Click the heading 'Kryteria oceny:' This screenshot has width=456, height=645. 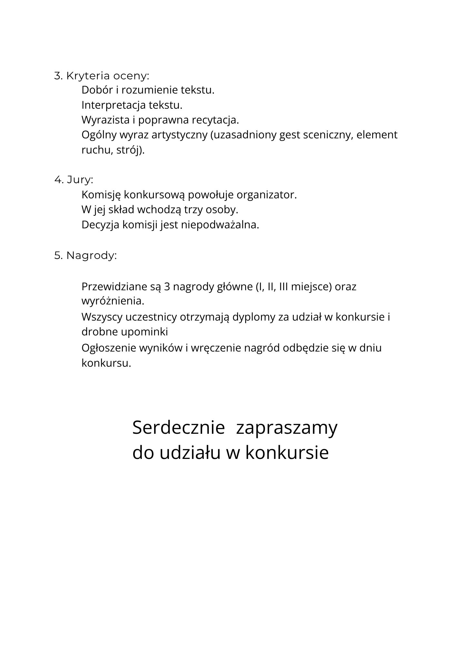click(x=108, y=76)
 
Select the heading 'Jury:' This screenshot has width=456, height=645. click(x=80, y=180)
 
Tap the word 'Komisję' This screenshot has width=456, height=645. click(x=101, y=195)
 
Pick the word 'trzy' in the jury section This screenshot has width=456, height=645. click(x=193, y=210)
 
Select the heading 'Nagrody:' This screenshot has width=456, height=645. click(x=92, y=256)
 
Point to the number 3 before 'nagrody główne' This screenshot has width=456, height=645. click(x=167, y=287)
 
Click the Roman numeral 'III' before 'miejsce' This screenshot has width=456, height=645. click(x=283, y=287)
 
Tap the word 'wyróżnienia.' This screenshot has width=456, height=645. click(x=113, y=301)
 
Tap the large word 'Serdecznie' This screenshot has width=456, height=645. click(x=178, y=428)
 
